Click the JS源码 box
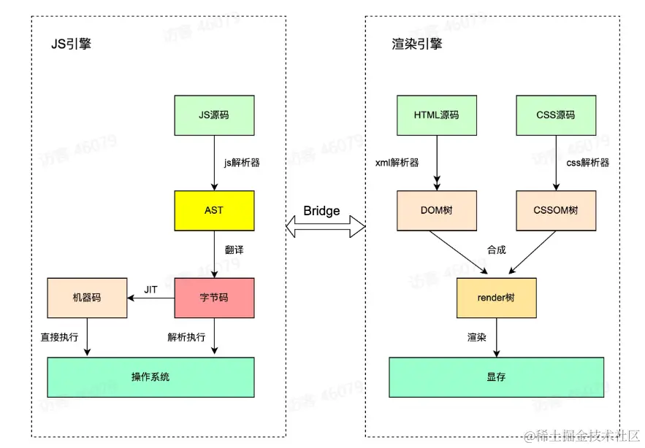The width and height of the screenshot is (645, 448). pos(214,115)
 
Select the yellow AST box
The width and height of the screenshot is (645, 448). pos(214,210)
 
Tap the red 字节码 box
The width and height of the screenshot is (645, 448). pos(214,298)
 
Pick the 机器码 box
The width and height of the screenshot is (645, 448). pos(86,298)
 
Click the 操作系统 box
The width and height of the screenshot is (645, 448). pos(150,376)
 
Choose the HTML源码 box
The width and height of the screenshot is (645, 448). pos(437,115)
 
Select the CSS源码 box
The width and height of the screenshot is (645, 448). pos(555,115)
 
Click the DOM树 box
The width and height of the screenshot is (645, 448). pos(437,210)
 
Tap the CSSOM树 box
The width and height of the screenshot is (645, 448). pos(555,210)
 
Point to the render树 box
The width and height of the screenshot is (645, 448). pos(497,298)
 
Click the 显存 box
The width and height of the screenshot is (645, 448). pos(497,376)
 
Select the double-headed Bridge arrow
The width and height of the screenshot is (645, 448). pos(323,227)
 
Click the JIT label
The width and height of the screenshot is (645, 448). pos(150,290)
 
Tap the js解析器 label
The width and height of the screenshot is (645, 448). pos(242,163)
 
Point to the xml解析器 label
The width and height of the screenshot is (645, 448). pos(398,163)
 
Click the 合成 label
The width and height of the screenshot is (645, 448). pos(497,250)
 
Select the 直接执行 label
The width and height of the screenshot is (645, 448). pos(59,337)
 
